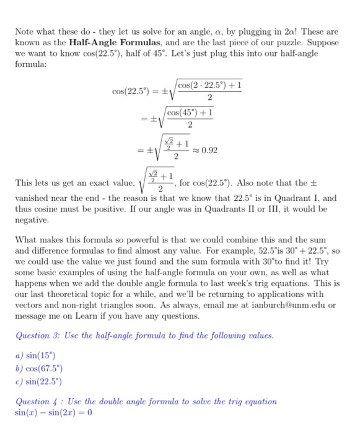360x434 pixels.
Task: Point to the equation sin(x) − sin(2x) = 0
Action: pos(53,412)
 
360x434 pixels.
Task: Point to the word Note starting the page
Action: pos(25,31)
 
